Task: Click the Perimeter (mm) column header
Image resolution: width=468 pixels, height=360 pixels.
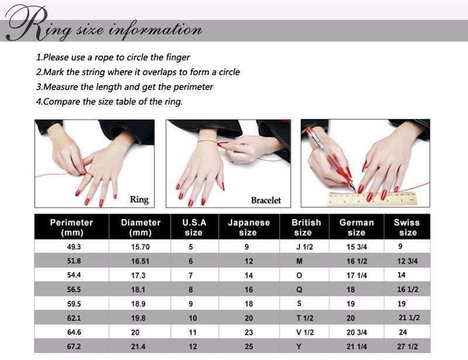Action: click(71, 227)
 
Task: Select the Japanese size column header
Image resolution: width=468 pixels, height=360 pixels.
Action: click(249, 227)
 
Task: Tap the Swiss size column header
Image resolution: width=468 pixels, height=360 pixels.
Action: click(407, 227)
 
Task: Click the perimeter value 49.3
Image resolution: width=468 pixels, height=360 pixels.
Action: click(74, 247)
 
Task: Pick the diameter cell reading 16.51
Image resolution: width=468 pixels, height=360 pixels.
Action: click(140, 261)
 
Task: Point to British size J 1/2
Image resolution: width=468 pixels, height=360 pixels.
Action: click(304, 247)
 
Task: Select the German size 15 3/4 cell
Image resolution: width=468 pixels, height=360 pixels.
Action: click(357, 247)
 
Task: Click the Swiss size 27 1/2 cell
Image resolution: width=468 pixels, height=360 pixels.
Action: click(407, 347)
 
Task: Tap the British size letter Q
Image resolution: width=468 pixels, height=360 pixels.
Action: click(299, 290)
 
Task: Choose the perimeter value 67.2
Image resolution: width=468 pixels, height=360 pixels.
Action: click(74, 347)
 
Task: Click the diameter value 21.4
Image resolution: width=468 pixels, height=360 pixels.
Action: click(138, 347)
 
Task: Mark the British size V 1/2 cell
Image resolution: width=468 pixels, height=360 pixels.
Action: click(305, 332)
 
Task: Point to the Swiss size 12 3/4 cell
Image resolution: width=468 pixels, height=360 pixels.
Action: click(407, 261)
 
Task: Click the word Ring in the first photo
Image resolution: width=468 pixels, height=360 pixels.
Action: click(139, 200)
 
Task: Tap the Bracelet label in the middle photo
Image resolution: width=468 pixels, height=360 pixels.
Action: click(266, 200)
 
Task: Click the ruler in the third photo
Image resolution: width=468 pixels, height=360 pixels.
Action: click(372, 198)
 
